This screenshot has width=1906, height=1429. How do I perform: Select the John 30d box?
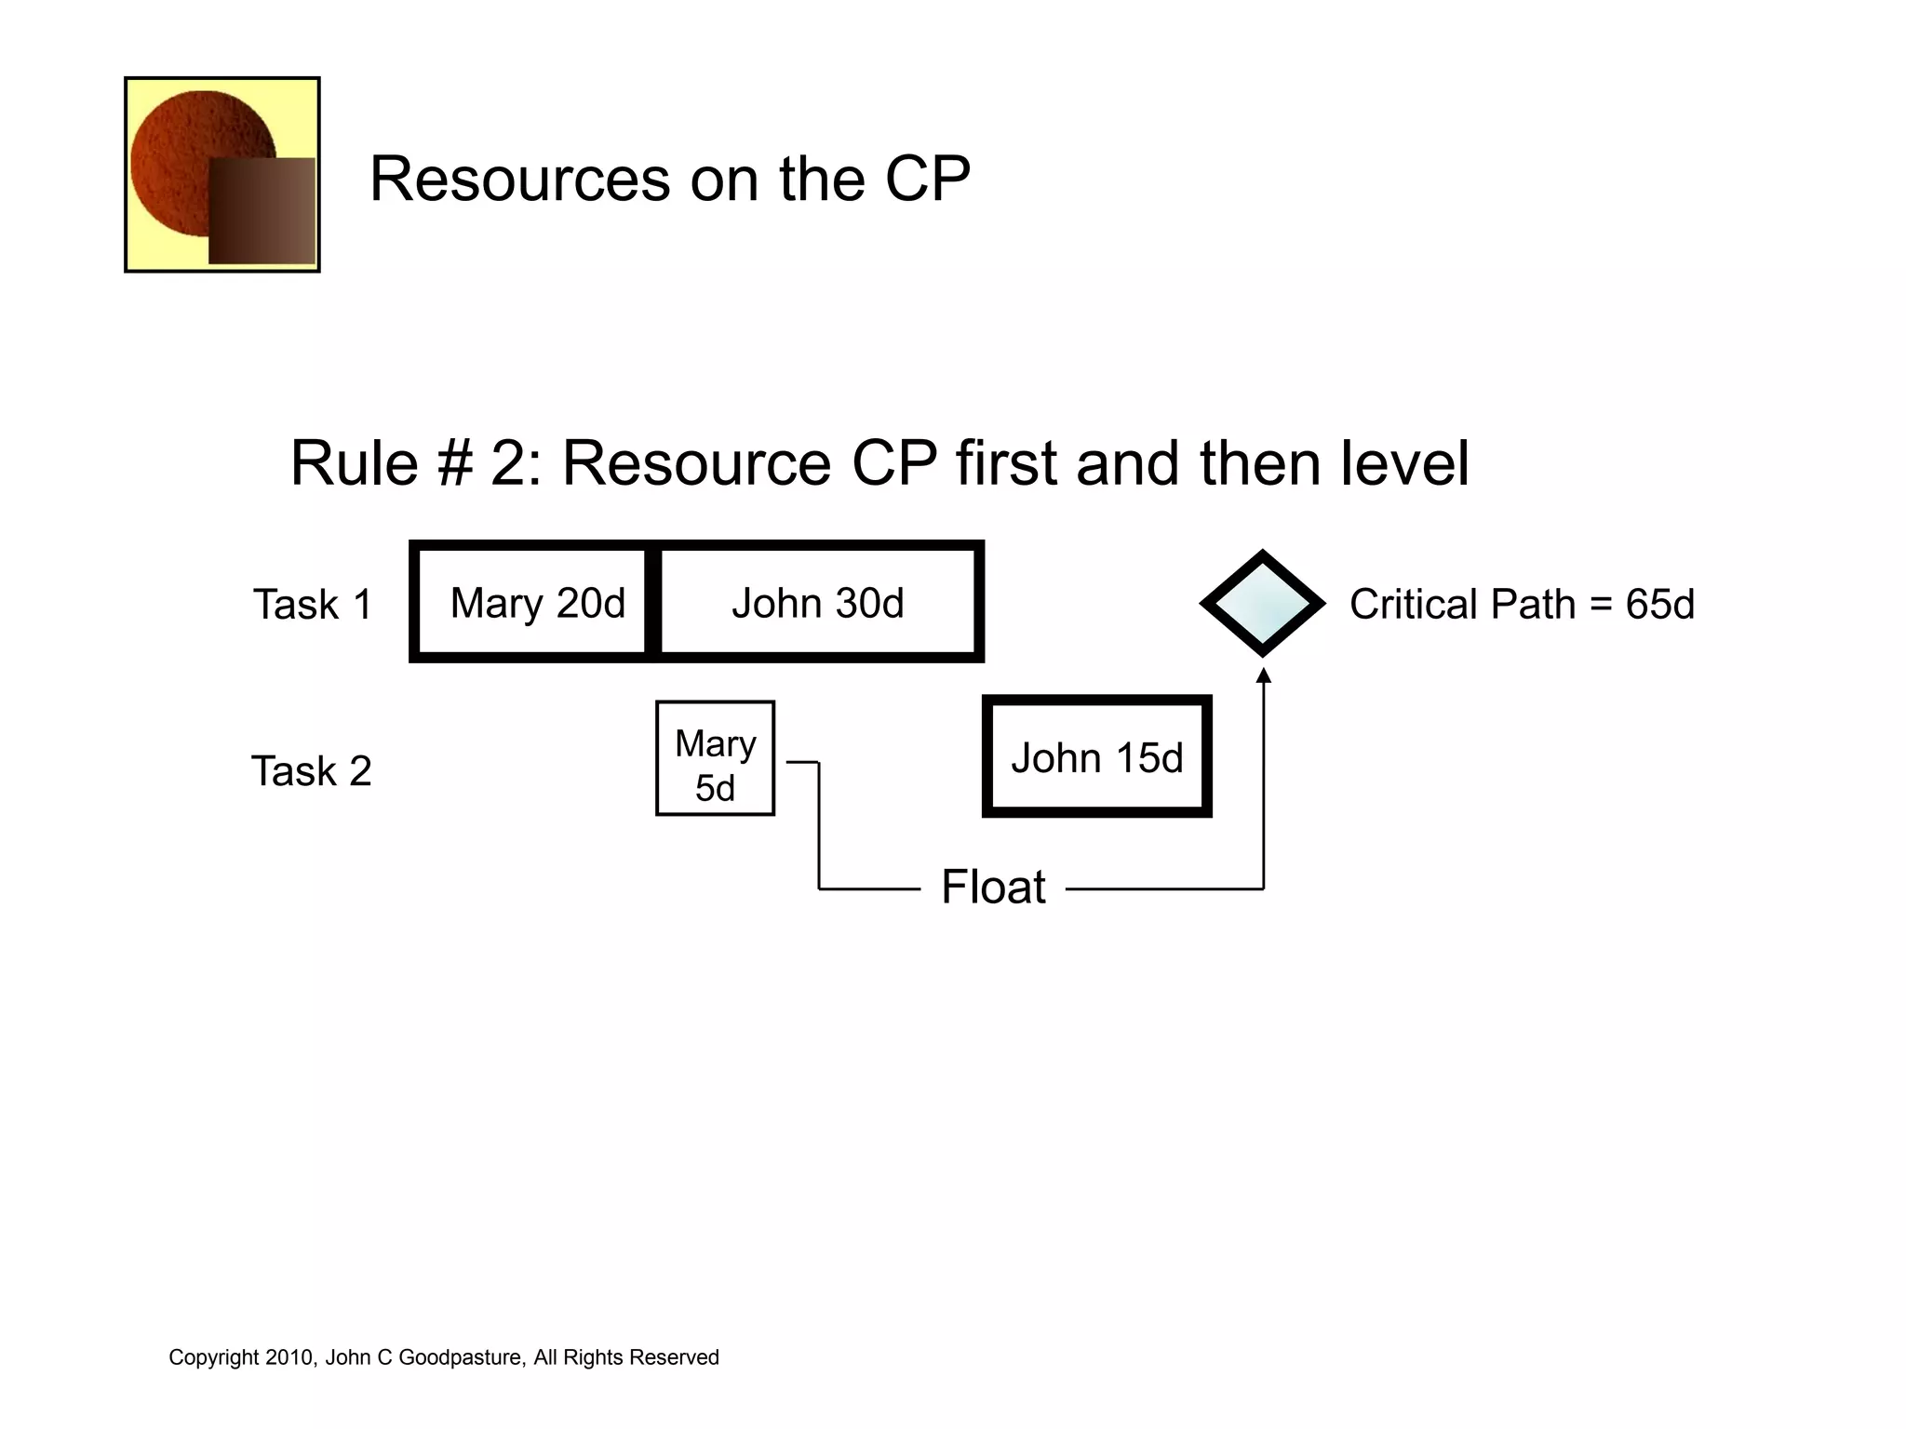(818, 603)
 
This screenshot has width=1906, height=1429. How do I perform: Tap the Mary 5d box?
(715, 758)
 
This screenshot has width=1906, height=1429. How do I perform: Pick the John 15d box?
(1096, 757)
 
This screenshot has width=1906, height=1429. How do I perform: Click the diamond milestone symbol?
(1262, 604)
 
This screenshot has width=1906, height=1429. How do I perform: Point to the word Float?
(993, 887)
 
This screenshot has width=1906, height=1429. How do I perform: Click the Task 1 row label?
(313, 605)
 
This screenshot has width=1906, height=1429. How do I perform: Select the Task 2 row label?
(312, 771)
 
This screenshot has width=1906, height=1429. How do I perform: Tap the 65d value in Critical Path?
(1659, 605)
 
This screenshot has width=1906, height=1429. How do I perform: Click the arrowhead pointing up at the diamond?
(1263, 676)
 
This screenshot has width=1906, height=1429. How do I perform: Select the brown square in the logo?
(262, 211)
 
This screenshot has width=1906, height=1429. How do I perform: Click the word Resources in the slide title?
(519, 179)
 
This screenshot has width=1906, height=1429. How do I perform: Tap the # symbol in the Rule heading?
(454, 463)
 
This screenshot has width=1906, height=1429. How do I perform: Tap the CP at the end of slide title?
(927, 179)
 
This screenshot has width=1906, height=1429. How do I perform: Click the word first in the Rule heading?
(1006, 463)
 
